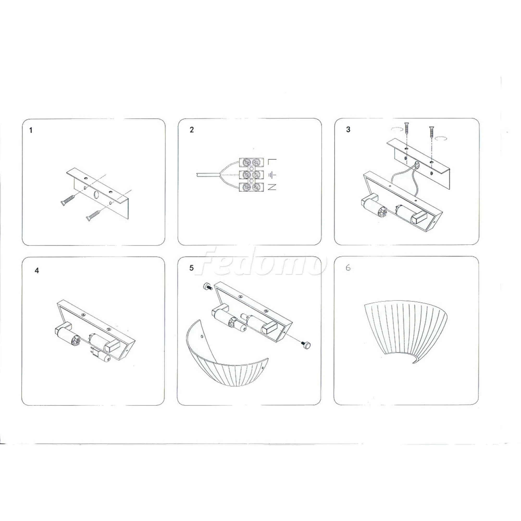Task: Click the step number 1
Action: pyautogui.click(x=31, y=130)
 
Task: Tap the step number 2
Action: pyautogui.click(x=192, y=130)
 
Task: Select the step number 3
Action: pyautogui.click(x=348, y=129)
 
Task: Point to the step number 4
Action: pyautogui.click(x=37, y=270)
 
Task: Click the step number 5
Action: pyautogui.click(x=191, y=268)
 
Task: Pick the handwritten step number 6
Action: pyautogui.click(x=348, y=268)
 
